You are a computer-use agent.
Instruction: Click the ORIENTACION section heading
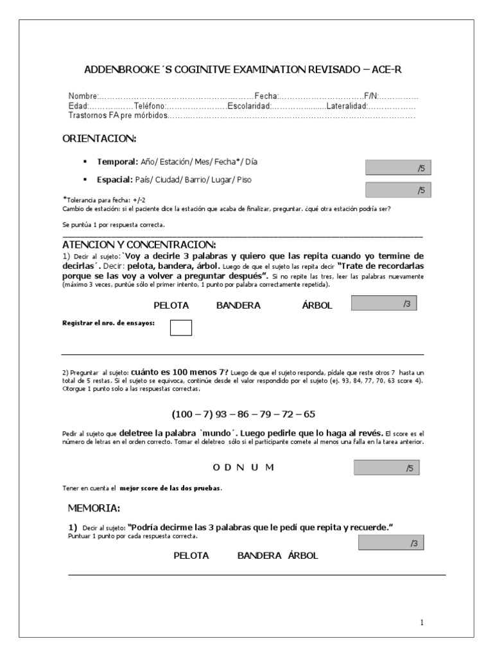click(99, 139)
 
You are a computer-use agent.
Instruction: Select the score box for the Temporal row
click(398, 168)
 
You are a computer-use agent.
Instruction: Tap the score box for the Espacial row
click(398, 189)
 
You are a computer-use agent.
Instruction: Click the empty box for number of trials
click(181, 328)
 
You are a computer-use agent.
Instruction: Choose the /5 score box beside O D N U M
click(387, 468)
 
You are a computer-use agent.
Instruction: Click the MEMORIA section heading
click(94, 508)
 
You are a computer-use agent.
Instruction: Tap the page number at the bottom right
click(422, 622)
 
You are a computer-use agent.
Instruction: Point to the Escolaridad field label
click(250, 105)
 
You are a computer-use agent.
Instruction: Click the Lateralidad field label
click(347, 105)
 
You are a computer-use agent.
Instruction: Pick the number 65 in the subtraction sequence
click(309, 414)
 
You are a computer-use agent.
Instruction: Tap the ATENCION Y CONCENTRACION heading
click(139, 246)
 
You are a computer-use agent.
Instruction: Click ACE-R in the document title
click(388, 69)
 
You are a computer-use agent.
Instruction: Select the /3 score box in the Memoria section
click(391, 543)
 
